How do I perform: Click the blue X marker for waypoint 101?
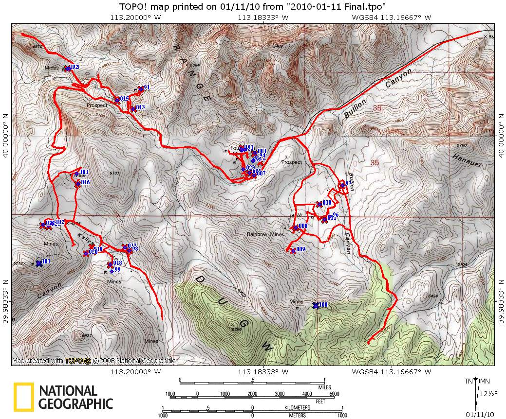[x=39, y=263]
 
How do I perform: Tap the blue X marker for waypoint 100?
[x=316, y=305]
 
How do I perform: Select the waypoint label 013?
[x=140, y=107]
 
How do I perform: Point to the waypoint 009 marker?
[x=293, y=251]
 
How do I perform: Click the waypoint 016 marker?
[x=77, y=184]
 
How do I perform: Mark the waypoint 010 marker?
[x=319, y=204]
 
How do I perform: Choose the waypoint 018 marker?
[x=110, y=264]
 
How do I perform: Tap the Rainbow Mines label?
[x=265, y=234]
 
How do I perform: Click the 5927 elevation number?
[x=87, y=336]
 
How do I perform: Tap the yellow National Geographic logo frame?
[x=23, y=396]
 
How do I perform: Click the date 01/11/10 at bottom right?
[x=479, y=414]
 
